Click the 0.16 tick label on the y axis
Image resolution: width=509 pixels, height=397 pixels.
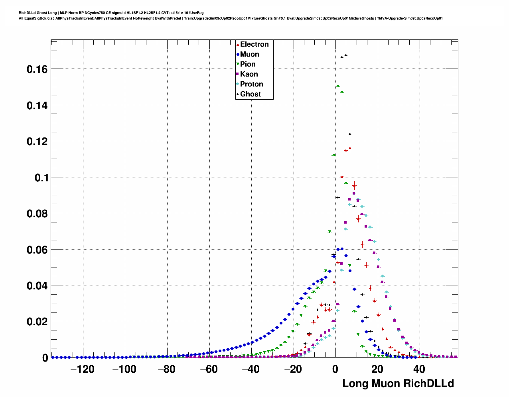click(x=37, y=69)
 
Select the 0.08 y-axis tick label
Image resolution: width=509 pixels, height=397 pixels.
click(x=37, y=214)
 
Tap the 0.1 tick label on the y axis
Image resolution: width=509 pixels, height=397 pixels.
click(x=41, y=178)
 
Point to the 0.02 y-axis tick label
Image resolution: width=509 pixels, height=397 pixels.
click(x=37, y=322)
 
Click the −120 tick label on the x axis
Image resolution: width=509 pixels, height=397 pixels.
click(x=82, y=369)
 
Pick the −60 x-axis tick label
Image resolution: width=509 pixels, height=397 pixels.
click(x=209, y=369)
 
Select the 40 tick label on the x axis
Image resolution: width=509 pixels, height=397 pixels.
click(x=419, y=369)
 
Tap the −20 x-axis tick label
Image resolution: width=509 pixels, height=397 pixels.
click(x=293, y=369)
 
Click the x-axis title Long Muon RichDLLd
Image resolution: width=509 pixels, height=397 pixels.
click(x=398, y=383)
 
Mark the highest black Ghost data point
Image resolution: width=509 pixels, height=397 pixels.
click(x=346, y=55)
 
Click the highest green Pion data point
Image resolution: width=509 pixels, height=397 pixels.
click(x=337, y=86)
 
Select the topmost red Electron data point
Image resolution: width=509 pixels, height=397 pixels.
click(x=350, y=148)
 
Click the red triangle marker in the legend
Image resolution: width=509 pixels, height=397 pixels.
click(x=238, y=44)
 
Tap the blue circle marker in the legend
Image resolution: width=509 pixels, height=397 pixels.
click(x=238, y=54)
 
